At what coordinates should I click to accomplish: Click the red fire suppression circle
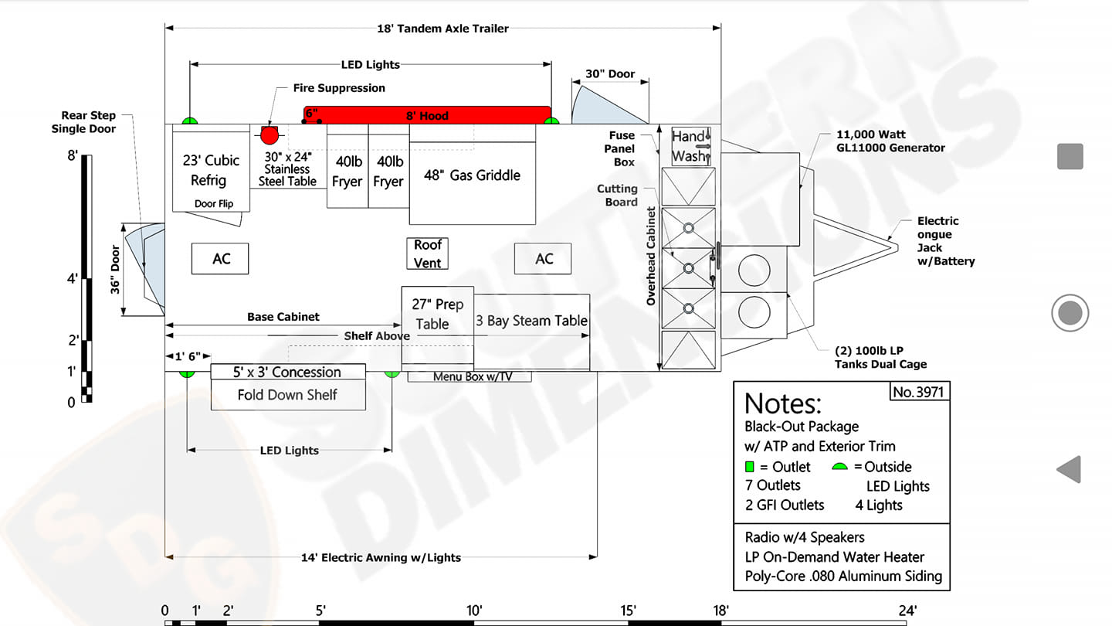270,135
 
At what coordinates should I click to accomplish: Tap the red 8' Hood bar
428,115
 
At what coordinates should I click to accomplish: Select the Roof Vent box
428,253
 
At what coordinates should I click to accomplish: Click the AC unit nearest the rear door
220,258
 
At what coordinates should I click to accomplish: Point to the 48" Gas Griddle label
472,175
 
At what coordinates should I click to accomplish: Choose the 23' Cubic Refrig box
211,168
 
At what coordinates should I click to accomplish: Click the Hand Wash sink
691,145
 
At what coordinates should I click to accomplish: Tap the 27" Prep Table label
437,314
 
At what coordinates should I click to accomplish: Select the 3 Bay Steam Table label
531,321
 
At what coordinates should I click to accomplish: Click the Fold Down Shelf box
288,394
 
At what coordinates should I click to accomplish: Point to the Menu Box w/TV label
473,376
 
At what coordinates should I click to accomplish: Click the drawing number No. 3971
918,392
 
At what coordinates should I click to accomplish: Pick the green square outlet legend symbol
750,467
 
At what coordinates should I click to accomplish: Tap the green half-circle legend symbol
839,467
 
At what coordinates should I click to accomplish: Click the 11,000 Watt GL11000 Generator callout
890,141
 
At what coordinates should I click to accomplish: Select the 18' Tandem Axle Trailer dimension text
442,29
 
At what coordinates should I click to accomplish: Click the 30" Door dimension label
610,74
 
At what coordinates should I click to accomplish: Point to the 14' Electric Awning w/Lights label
381,557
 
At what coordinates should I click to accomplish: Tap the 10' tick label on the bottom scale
474,610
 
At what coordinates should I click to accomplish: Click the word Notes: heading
783,403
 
